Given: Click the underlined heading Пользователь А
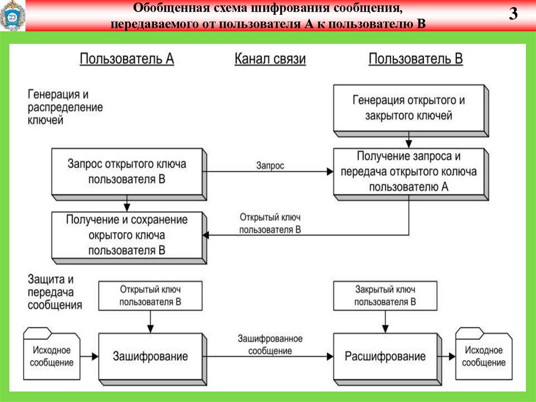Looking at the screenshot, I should tap(127, 59).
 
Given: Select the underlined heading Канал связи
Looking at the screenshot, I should tap(270, 59).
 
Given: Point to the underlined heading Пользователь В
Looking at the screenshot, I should tap(416, 59).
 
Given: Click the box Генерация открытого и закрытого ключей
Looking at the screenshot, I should tap(408, 108).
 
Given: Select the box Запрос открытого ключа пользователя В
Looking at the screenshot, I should tap(127, 171).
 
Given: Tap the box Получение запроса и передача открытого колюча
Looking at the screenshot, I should tap(408, 171).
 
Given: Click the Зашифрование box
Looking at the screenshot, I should tap(150, 357).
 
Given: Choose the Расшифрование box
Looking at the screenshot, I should tap(385, 357).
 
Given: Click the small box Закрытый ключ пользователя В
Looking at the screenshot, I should tap(385, 296).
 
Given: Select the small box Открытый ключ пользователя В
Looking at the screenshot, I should tap(150, 296).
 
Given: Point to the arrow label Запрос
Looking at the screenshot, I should tap(270, 166).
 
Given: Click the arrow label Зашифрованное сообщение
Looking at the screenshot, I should tap(270, 345).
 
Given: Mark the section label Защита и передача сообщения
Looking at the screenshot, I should tap(54, 292).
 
